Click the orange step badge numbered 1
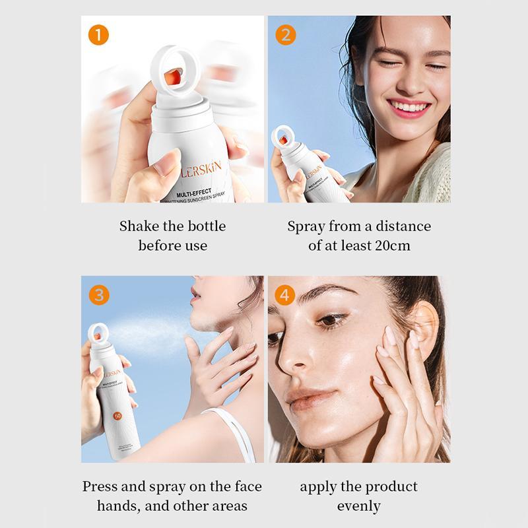tap(98, 34)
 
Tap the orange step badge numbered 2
tap(285, 34)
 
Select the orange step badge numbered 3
tap(98, 294)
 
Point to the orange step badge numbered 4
tap(285, 294)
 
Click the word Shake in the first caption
tap(139, 226)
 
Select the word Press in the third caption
tap(101, 487)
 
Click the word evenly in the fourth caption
tap(359, 507)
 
